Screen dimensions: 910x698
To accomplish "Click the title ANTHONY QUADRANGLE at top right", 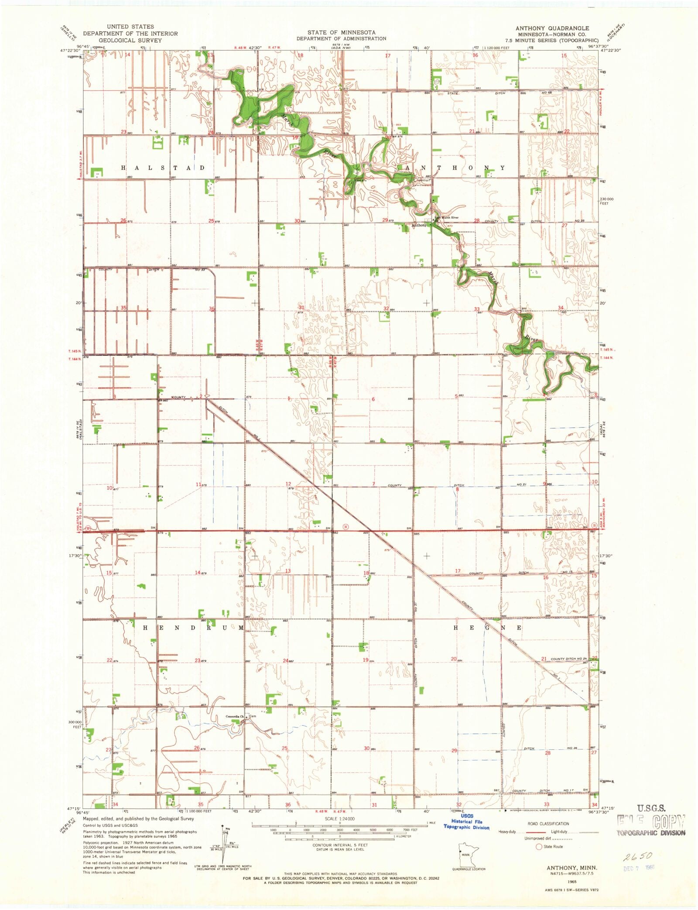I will pyautogui.click(x=552, y=28).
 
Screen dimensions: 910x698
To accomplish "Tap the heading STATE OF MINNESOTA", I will pyautogui.click(x=341, y=32).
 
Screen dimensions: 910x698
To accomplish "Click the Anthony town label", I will pyautogui.click(x=420, y=226).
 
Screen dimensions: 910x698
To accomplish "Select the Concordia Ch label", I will pyautogui.click(x=235, y=717).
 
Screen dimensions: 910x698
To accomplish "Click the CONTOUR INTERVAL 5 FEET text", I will pyautogui.click(x=340, y=845).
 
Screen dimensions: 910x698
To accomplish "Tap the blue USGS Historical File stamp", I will pyautogui.click(x=466, y=821).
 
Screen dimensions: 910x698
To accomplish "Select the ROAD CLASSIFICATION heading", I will pyautogui.click(x=548, y=824).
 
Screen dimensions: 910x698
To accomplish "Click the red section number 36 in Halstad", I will pyautogui.click(x=212, y=309).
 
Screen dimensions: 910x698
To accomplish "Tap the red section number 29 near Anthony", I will pyautogui.click(x=385, y=220).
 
